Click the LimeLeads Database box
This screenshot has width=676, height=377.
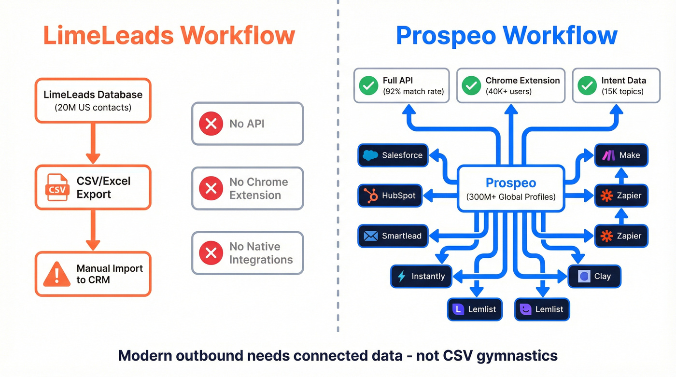(93, 100)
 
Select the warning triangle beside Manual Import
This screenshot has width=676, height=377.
(56, 274)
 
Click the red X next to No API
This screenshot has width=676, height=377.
(211, 124)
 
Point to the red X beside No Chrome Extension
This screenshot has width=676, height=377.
(211, 188)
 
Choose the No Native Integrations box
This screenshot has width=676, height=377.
(247, 253)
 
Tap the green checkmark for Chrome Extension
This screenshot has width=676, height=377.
(471, 85)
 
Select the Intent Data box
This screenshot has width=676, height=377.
(616, 85)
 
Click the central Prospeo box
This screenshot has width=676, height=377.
(511, 188)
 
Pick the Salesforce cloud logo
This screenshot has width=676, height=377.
(370, 155)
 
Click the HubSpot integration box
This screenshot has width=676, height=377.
(393, 195)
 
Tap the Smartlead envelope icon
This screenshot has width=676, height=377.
(371, 236)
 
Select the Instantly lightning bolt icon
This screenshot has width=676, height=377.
(401, 277)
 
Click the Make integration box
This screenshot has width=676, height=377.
(621, 155)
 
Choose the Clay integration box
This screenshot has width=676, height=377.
(594, 277)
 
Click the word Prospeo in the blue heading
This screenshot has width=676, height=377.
(445, 36)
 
